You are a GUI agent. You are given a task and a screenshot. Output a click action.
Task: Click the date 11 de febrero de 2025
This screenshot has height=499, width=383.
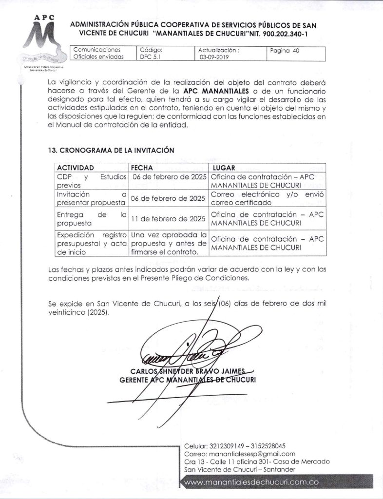click(169, 219)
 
